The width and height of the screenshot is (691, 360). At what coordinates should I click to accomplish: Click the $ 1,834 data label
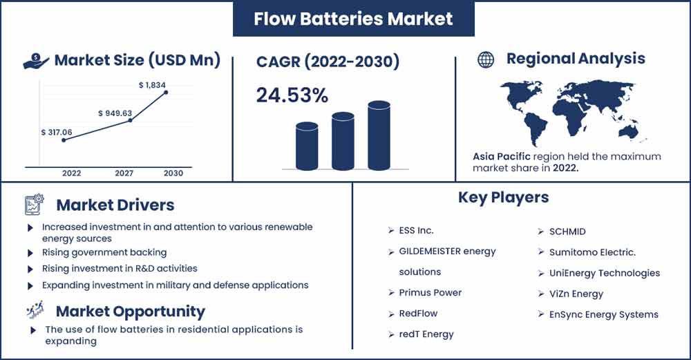(152, 85)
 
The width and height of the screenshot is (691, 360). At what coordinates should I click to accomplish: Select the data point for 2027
(130, 120)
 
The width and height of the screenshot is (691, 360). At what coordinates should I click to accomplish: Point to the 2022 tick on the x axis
(71, 173)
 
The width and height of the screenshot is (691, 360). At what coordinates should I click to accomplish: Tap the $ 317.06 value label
(57, 132)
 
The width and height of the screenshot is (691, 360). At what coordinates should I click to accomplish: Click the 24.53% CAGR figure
(292, 95)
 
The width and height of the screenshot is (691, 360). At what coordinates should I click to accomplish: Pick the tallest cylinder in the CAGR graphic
(379, 135)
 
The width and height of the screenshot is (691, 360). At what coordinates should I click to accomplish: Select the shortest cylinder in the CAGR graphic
(307, 146)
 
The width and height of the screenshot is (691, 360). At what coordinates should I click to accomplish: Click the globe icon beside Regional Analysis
(486, 59)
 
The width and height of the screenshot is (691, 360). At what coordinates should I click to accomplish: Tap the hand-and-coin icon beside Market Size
(36, 61)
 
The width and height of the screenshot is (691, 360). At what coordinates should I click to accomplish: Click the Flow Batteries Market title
(353, 19)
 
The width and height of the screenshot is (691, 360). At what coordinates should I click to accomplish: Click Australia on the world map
(628, 131)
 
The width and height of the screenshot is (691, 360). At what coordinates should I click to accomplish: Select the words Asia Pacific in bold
(502, 156)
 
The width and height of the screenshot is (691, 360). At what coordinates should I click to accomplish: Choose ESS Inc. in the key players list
(416, 231)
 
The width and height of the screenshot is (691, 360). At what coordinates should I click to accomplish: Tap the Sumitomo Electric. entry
(592, 252)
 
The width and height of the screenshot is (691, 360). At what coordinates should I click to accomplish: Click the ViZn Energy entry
(576, 294)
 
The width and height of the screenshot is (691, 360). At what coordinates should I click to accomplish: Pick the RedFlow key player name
(418, 313)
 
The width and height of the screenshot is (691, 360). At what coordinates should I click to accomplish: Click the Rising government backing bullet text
(104, 252)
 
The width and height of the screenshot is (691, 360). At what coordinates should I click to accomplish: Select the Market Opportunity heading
(131, 312)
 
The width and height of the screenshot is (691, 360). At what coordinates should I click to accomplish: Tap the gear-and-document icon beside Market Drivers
(34, 205)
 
